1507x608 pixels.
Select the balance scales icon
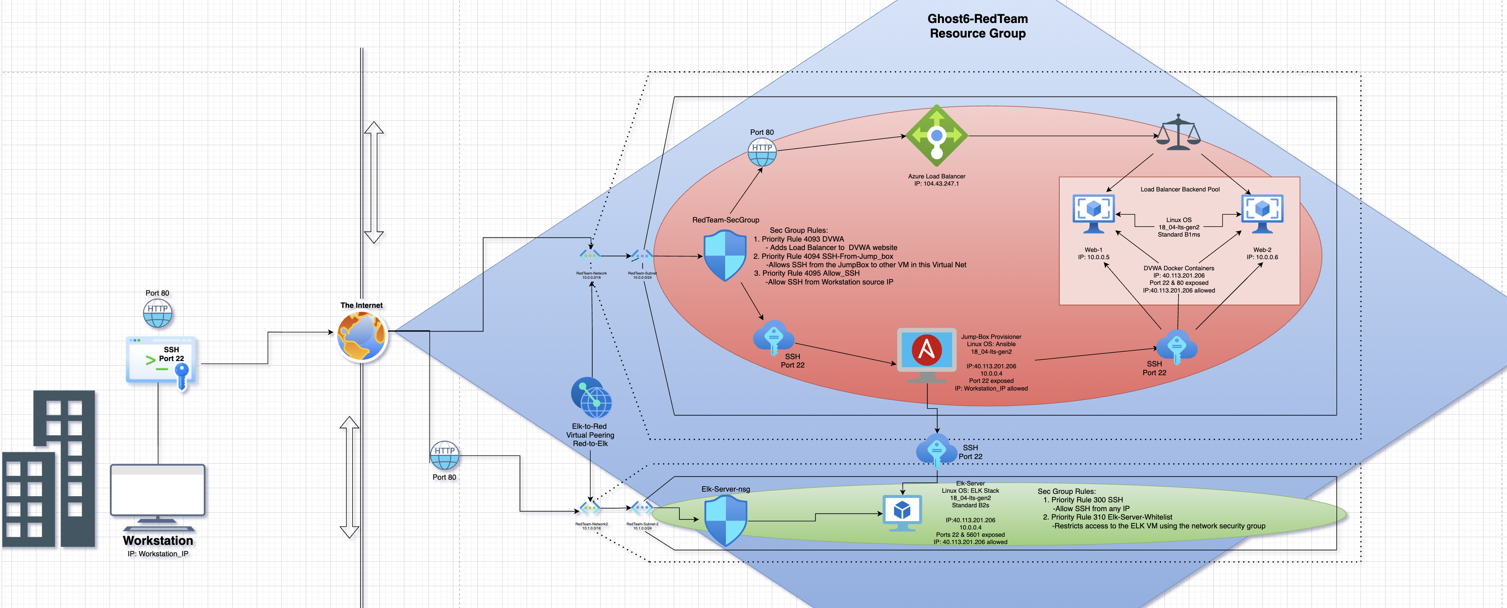pos(1178,133)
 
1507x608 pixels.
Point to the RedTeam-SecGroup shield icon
pos(725,255)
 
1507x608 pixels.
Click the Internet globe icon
pos(361,336)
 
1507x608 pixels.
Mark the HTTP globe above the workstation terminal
pos(158,313)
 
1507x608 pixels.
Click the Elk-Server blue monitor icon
pos(901,513)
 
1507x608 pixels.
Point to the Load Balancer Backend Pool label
pos(1179,190)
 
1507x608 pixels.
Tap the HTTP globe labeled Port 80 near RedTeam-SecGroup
pos(762,152)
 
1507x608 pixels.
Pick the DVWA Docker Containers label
pos(1178,268)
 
